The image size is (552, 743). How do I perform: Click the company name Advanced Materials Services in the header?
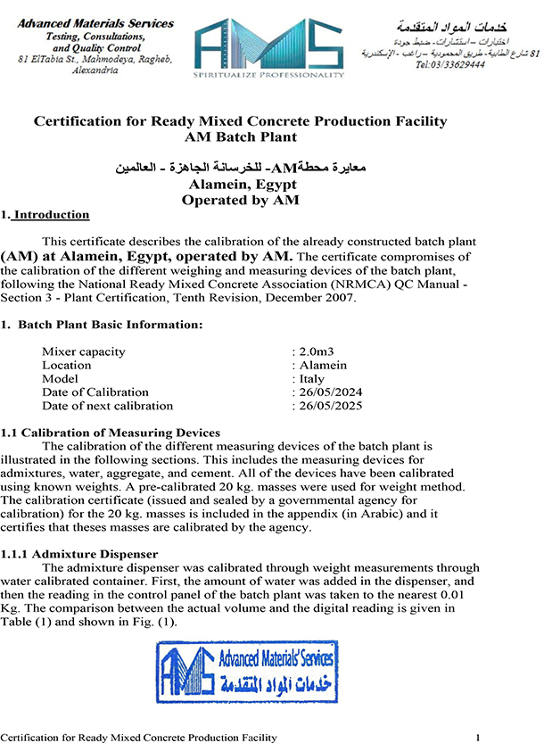95,23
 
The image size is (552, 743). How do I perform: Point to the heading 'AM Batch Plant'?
240,137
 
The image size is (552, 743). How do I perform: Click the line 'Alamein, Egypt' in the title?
240,185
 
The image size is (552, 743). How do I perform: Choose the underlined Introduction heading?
51,215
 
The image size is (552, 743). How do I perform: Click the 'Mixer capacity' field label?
84,351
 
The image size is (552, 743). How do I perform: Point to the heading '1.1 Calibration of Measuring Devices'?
111,433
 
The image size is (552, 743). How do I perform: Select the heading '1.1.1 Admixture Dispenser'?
83,555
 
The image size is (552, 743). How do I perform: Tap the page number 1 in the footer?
479,737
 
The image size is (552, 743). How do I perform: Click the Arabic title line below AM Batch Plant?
240,168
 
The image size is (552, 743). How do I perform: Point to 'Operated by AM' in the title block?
240,200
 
